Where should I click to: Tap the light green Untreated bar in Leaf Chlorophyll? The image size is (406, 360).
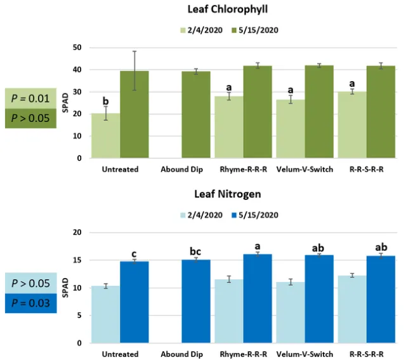[105, 136]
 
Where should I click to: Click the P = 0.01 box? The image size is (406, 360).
[30, 98]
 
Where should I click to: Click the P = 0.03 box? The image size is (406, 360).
[30, 303]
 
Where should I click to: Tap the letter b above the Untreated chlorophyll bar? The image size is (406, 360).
[105, 101]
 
